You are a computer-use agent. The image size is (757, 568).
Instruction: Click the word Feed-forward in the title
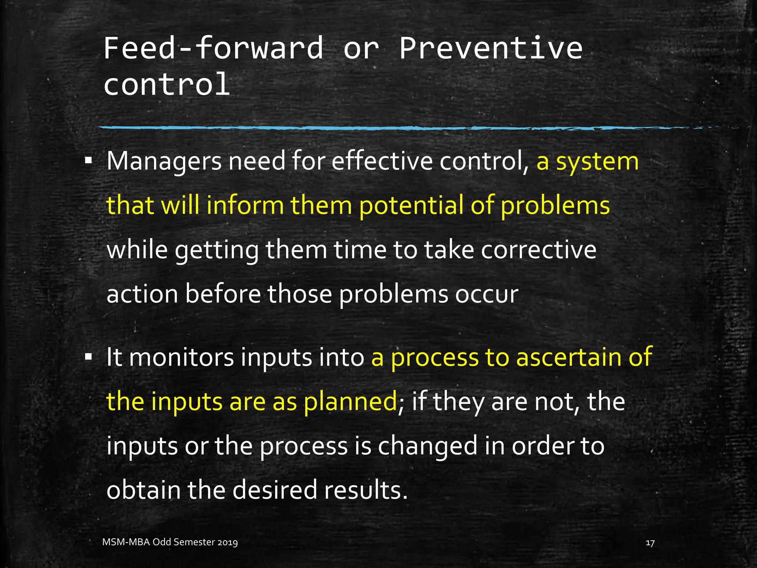[x=213, y=48]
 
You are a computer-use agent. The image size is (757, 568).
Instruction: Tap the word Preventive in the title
[x=491, y=48]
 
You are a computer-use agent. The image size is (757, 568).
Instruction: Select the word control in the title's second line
[x=167, y=84]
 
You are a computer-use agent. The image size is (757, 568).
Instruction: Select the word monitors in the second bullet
[x=181, y=357]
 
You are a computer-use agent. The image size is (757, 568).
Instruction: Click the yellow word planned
[x=350, y=402]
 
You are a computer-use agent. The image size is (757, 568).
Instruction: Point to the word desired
[x=275, y=490]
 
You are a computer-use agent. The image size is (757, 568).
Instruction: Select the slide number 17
[x=650, y=543]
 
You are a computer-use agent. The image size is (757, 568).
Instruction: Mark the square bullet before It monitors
[x=88, y=357]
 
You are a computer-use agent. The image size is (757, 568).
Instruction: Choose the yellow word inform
[x=245, y=206]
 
